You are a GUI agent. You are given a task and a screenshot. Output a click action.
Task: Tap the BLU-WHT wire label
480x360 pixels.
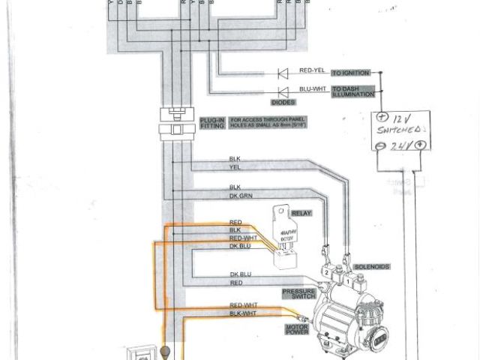pos(311,89)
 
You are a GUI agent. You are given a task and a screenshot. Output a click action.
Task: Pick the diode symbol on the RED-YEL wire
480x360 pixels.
pos(283,73)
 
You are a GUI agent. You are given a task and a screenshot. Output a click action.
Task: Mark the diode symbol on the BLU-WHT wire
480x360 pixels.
pos(283,92)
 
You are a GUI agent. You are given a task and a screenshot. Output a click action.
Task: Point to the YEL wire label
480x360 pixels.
pos(234,167)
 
